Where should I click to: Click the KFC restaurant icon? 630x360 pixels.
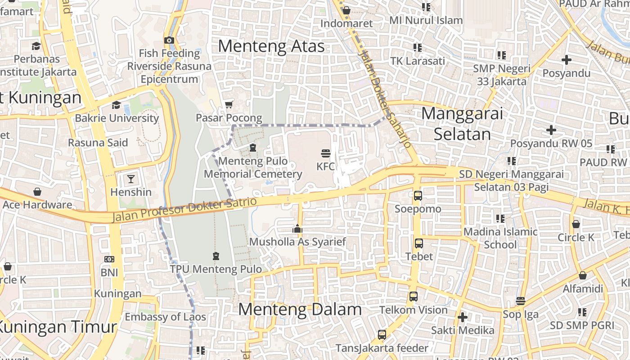(325, 153)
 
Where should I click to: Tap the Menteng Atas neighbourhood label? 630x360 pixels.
(271, 46)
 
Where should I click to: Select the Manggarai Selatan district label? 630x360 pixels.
(462, 124)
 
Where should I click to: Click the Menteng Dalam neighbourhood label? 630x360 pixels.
(300, 309)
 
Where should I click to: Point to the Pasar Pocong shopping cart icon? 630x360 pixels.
(229, 105)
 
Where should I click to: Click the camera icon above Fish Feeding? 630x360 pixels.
(169, 40)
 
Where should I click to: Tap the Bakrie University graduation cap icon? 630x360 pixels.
(116, 105)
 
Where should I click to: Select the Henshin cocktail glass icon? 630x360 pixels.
(130, 179)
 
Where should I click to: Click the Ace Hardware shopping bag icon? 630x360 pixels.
(37, 192)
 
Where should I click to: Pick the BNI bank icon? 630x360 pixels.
(109, 259)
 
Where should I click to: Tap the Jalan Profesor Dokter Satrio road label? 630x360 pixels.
(184, 209)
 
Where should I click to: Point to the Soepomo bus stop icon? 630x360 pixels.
(418, 196)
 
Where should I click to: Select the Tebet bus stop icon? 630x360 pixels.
(418, 243)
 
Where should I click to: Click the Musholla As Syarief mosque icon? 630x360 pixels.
(297, 229)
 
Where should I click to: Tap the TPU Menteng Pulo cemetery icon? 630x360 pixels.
(216, 256)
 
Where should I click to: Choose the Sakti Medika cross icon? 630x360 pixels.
(462, 317)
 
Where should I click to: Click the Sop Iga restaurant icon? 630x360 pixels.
(521, 301)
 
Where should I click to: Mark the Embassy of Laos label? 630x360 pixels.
(165, 317)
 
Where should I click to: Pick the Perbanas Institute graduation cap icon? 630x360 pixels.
(36, 46)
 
